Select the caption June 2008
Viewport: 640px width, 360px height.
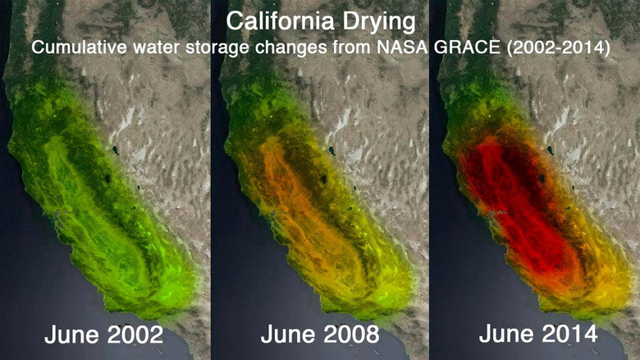click(320, 335)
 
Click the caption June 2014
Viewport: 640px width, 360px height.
click(537, 335)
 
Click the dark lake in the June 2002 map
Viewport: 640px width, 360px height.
click(115, 150)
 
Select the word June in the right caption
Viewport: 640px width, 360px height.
click(505, 335)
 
